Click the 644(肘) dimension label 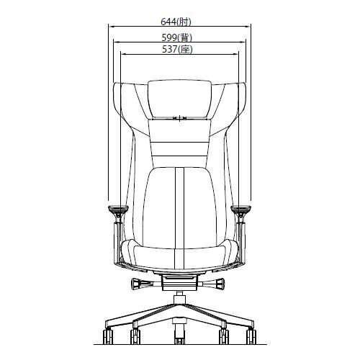click(x=176, y=22)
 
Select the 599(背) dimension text click(x=177, y=37)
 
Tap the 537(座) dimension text click(x=177, y=50)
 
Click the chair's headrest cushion click(x=179, y=99)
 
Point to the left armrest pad click(x=119, y=208)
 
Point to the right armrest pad click(x=240, y=208)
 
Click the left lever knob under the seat click(x=136, y=284)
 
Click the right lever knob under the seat click(x=220, y=284)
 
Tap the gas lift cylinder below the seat click(x=179, y=297)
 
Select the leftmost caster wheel click(x=108, y=336)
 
